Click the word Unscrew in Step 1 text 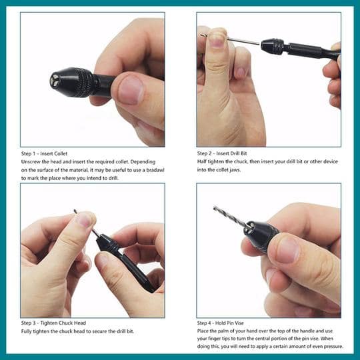(x=32, y=162)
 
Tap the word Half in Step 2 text (x=203, y=162)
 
